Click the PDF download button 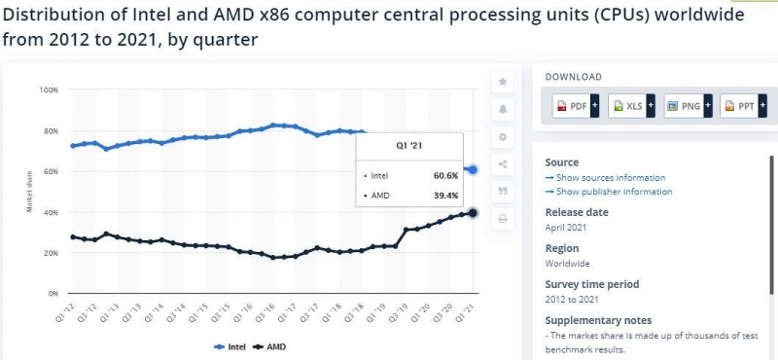tap(575, 105)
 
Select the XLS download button tap(630, 105)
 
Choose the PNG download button tap(687, 105)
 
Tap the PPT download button tap(742, 105)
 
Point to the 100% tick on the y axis tap(49, 90)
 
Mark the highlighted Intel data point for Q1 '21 tap(473, 169)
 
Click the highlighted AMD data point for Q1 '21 tap(473, 213)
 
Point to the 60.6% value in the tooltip tap(445, 176)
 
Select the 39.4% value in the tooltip tap(445, 196)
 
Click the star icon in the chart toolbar tap(503, 82)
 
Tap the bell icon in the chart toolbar tap(503, 109)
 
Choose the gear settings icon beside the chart tap(503, 137)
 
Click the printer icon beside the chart tap(503, 219)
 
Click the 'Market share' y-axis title tap(31, 192)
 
